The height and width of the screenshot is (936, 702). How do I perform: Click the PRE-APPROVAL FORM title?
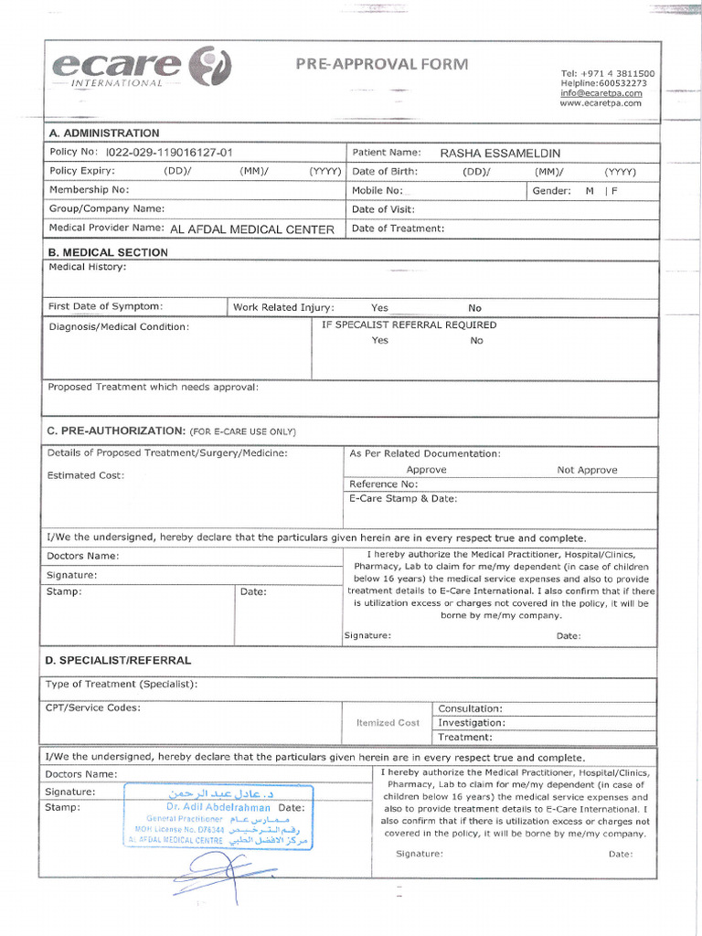(x=381, y=64)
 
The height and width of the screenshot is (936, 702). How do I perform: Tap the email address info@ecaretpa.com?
(x=601, y=93)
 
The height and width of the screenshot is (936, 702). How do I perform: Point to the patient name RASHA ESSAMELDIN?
(x=500, y=153)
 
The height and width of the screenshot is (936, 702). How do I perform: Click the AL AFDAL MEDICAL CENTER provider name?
(x=252, y=229)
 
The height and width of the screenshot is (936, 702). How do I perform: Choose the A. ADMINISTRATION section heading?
(x=104, y=133)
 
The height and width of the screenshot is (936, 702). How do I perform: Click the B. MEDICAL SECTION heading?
(x=108, y=252)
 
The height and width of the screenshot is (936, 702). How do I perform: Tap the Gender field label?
(x=551, y=191)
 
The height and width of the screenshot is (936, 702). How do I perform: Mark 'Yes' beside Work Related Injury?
(x=379, y=308)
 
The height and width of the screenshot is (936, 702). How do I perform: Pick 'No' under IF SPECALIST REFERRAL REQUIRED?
(x=476, y=341)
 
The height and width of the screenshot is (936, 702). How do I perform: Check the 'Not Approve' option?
(x=587, y=470)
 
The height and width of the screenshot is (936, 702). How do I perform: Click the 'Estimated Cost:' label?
(x=86, y=475)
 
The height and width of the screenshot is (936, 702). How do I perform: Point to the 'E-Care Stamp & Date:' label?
(x=403, y=499)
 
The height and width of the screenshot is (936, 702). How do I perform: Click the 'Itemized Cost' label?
(x=388, y=723)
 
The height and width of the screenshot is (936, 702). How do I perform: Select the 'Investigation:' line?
(x=472, y=723)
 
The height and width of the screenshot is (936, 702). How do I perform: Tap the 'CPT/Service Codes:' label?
(x=93, y=707)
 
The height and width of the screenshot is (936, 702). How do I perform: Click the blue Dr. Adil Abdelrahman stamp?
(x=218, y=816)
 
